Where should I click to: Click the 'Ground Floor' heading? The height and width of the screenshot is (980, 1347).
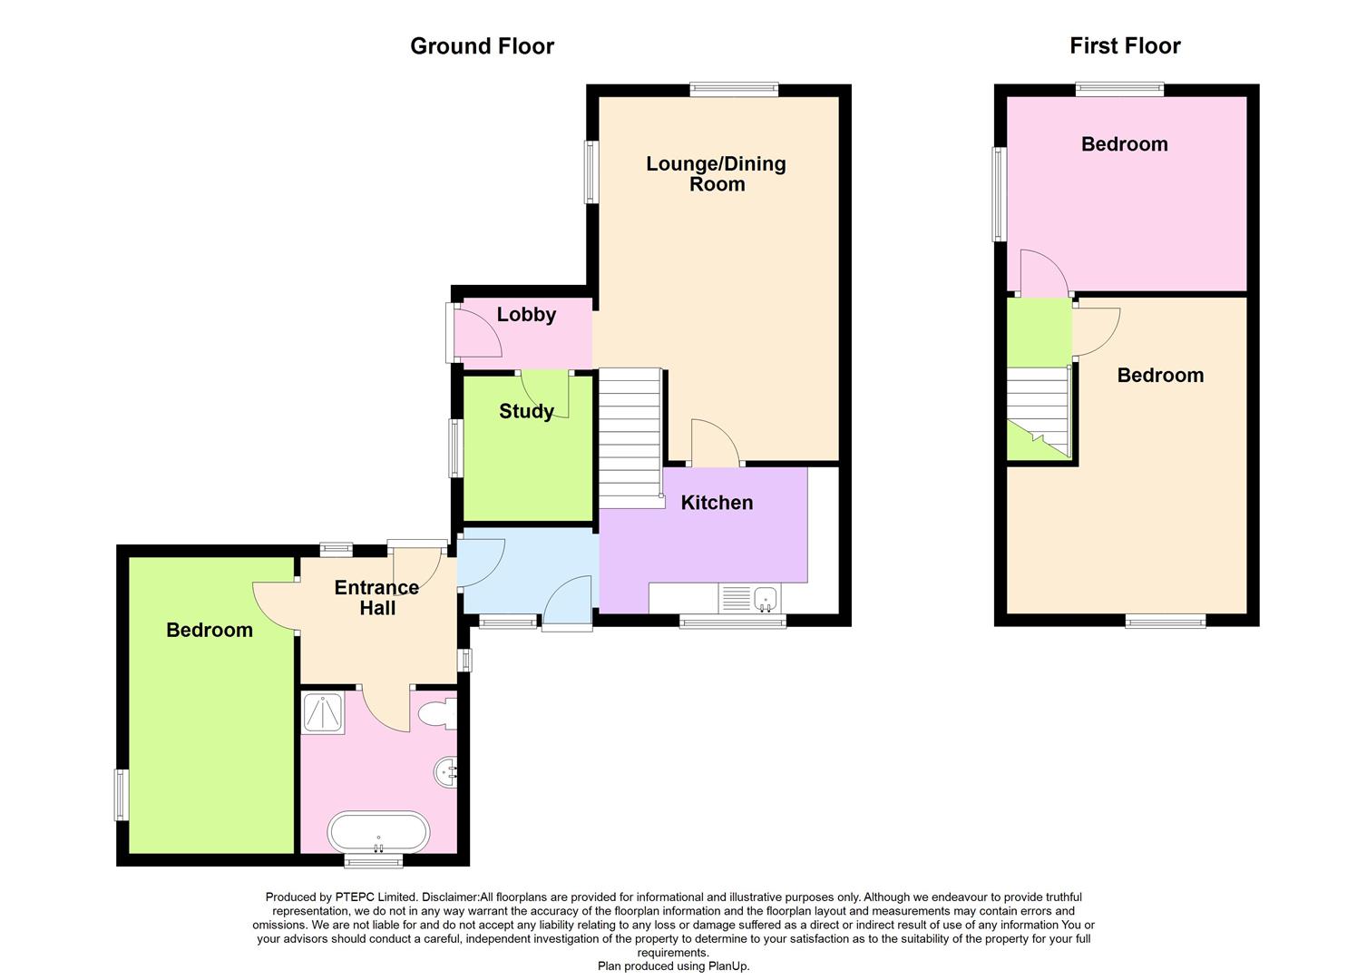click(x=482, y=46)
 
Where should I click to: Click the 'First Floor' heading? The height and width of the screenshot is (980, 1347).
click(x=1125, y=46)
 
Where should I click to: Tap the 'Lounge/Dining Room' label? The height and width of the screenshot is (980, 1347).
click(x=716, y=173)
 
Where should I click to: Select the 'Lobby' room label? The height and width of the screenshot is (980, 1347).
click(x=526, y=315)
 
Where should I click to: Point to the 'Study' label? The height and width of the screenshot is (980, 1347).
click(x=526, y=411)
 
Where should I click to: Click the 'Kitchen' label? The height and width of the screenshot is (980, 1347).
click(x=717, y=503)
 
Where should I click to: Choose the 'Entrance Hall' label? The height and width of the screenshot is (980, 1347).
click(x=376, y=597)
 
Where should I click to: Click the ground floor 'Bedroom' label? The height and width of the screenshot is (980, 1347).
click(x=210, y=630)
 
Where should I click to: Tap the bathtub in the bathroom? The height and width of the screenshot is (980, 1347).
click(x=378, y=832)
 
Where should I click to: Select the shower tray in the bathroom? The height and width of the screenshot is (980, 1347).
click(x=322, y=712)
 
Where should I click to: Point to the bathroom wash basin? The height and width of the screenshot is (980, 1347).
click(x=446, y=772)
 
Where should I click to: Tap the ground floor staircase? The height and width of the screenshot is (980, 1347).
click(x=630, y=436)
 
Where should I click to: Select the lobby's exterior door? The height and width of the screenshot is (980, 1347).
click(x=475, y=331)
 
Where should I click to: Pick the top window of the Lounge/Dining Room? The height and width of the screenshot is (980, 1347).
click(x=733, y=89)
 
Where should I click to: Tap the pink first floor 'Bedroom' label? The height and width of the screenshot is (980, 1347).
click(x=1124, y=144)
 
